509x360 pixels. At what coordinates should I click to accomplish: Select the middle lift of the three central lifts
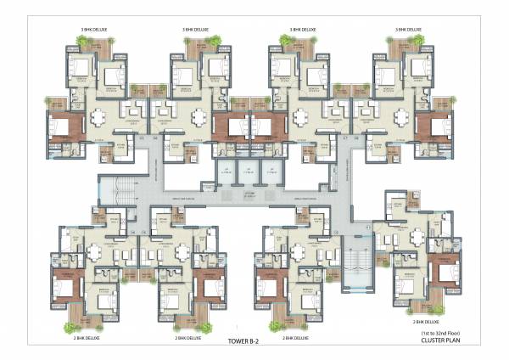pyautogui.click(x=245, y=170)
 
